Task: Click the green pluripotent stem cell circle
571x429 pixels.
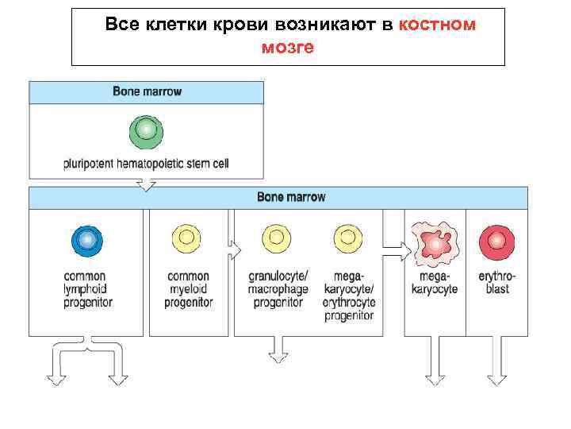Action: click(146, 131)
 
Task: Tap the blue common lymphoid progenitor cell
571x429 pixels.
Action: click(88, 239)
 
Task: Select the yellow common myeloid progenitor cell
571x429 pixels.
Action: click(189, 239)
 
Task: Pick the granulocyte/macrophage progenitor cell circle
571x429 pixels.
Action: click(278, 239)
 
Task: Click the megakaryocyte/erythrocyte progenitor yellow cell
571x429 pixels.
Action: click(349, 239)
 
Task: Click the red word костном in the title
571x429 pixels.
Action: click(438, 25)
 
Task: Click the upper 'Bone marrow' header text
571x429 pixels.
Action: click(147, 91)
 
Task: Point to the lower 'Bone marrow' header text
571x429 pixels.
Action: click(291, 197)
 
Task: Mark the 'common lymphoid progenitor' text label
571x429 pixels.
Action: click(88, 289)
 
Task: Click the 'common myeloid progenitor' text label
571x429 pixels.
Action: click(189, 289)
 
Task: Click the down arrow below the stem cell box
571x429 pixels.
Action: click(146, 184)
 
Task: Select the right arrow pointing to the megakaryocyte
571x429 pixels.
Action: click(397, 254)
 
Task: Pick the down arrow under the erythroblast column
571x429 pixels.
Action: click(497, 369)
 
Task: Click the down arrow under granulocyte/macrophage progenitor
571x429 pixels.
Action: click(278, 350)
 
